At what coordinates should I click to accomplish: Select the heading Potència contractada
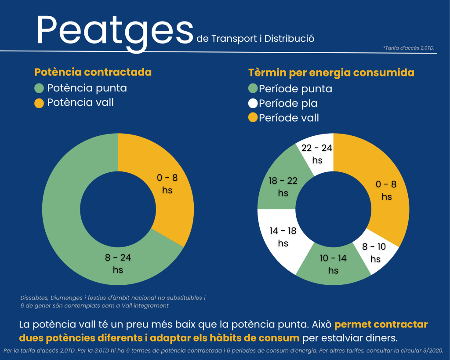93,72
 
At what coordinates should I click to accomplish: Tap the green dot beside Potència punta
39,88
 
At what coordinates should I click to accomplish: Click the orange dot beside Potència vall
39,103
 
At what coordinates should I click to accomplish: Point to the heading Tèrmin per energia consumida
331,73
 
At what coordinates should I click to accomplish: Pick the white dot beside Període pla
253,104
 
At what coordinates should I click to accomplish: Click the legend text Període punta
295,89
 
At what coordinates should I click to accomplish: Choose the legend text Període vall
289,118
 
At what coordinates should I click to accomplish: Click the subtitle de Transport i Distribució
256,39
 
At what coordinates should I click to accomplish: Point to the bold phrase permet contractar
381,325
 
